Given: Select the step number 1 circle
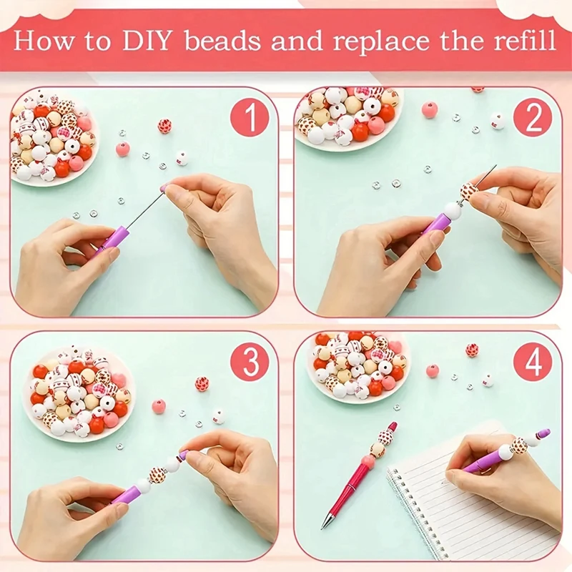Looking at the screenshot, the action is click(250, 117).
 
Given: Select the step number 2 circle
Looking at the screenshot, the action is click(533, 117).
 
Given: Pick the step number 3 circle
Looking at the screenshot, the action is click(250, 363).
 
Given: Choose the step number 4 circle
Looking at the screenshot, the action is click(533, 363).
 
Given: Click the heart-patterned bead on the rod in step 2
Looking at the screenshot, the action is click(468, 192).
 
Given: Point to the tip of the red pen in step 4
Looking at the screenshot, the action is click(322, 528).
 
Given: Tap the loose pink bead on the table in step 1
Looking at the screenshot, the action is click(122, 149).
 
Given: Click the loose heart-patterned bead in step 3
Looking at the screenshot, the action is click(202, 383).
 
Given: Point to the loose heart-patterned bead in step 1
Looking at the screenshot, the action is click(164, 126).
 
